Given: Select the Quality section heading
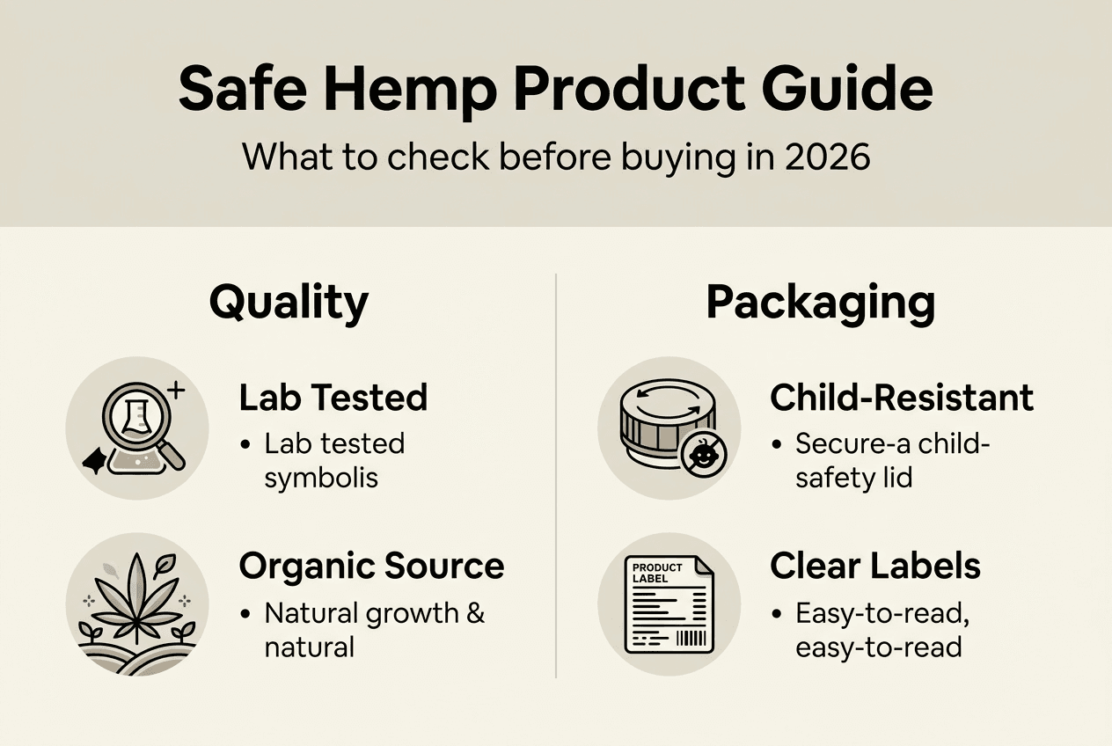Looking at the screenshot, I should [289, 303].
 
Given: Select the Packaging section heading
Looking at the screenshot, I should [820, 303].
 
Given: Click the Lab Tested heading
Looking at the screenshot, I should [333, 398].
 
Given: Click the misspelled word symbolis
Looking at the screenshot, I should [321, 477].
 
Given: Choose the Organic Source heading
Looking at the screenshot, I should [371, 566].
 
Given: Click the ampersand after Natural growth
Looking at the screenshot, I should [475, 612].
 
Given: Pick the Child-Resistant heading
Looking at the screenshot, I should [902, 398].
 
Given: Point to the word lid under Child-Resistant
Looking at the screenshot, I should [897, 477].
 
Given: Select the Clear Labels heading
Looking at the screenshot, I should [875, 566].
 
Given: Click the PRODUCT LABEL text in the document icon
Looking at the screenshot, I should [657, 573].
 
